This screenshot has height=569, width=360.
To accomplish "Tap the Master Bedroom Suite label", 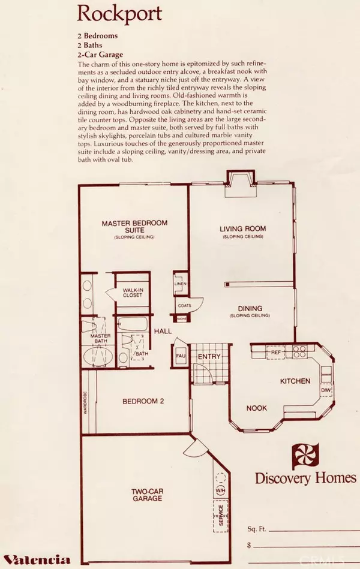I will (x=134, y=227).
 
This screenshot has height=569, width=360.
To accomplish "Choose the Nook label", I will (x=256, y=408).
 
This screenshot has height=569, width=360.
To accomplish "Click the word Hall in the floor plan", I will (x=163, y=331).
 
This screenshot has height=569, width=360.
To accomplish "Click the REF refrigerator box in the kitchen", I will (x=275, y=353).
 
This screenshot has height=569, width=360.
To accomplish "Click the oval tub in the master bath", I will (x=97, y=355).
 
